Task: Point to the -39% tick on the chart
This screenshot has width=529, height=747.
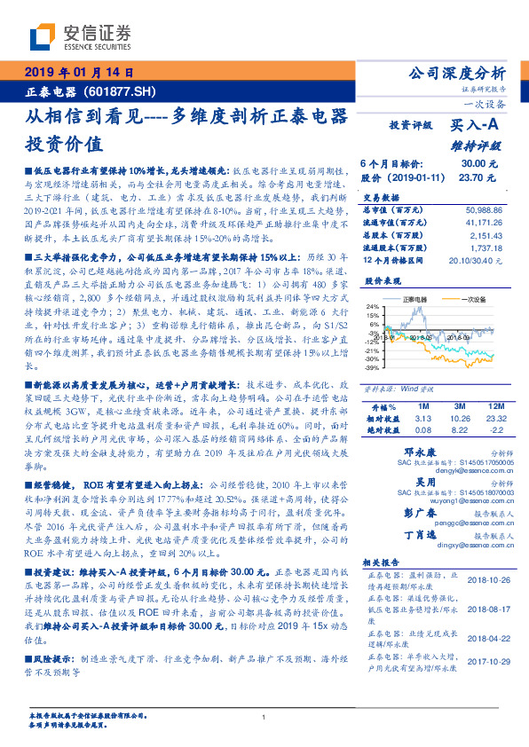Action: (371, 366)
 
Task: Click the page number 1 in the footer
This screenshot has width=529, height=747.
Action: (264, 718)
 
